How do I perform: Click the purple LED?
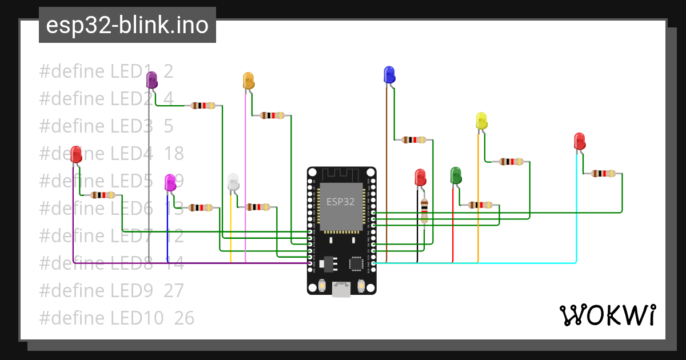coord(151,79)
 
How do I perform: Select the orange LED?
coord(248,80)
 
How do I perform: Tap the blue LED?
coord(389,74)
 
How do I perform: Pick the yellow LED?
coord(481,121)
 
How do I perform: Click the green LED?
coord(456,175)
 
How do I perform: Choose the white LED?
coord(233,182)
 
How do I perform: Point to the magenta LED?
coord(170,182)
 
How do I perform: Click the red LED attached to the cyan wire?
coord(580,141)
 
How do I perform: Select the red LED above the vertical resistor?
coord(420,177)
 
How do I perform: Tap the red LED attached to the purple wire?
coord(76,154)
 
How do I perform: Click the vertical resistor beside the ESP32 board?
coord(424,211)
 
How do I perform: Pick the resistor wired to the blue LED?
coord(414,139)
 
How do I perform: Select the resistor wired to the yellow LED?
coord(510,162)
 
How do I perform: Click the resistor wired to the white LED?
coord(258,207)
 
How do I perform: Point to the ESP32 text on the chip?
coord(341,201)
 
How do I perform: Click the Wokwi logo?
coord(607,315)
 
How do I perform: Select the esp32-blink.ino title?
coord(127,25)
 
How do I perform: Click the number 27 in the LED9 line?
coord(174,290)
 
